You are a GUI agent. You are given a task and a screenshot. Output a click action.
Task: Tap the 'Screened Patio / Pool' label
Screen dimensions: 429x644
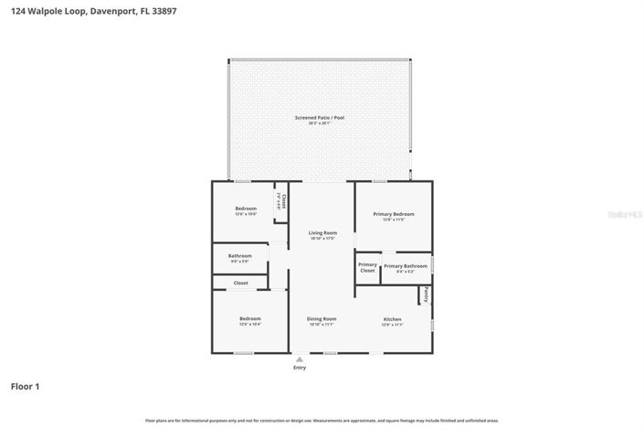click(x=319, y=117)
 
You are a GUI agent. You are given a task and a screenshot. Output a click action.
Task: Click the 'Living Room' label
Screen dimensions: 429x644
click(x=323, y=232)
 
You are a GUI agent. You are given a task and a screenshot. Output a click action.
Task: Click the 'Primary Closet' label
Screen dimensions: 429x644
click(x=367, y=268)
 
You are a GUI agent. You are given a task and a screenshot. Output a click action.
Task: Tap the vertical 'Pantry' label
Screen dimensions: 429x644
click(x=425, y=295)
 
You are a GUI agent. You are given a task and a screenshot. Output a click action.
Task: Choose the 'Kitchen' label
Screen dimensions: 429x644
click(x=392, y=319)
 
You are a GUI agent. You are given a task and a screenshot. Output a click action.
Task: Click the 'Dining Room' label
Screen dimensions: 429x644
click(x=322, y=319)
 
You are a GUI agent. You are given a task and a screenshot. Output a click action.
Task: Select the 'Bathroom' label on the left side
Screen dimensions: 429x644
click(x=239, y=255)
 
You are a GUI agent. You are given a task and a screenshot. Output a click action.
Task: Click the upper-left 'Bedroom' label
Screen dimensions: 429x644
click(x=246, y=209)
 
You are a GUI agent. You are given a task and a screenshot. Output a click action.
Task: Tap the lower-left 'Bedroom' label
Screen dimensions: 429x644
click(x=249, y=319)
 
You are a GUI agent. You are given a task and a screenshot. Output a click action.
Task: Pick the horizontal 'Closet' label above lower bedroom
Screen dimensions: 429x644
click(x=240, y=283)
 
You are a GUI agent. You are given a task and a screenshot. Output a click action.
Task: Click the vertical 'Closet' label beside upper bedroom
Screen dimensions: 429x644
click(x=283, y=201)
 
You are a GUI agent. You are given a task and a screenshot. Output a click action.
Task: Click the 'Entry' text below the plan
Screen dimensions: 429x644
click(x=300, y=368)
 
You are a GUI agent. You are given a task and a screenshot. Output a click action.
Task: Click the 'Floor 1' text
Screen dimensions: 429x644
click(x=25, y=386)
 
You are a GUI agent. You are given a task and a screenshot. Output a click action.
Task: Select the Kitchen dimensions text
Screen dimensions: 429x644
click(x=392, y=325)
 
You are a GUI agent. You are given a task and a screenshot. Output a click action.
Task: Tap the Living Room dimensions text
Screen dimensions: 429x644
click(x=323, y=238)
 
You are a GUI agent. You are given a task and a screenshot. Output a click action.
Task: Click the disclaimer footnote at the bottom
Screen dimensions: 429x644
click(x=322, y=420)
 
